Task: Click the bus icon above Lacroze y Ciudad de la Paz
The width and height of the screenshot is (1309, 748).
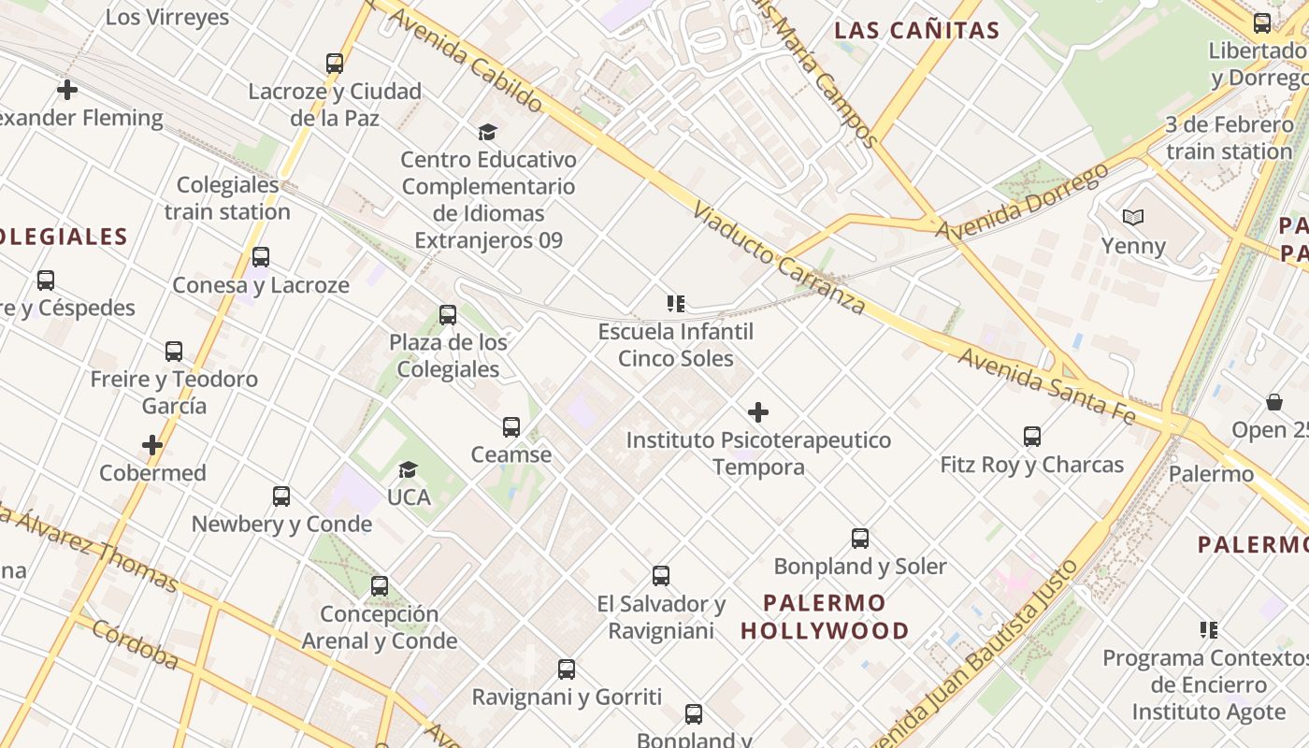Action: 335,64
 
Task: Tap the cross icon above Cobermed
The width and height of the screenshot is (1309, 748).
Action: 152,445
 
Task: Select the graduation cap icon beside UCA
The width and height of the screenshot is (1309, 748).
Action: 409,469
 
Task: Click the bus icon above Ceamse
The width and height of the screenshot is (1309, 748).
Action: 511,427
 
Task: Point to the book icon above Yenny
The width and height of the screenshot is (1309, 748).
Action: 1133,218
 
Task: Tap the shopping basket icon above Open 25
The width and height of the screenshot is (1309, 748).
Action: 1273,403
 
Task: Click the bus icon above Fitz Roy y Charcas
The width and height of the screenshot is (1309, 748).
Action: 1032,437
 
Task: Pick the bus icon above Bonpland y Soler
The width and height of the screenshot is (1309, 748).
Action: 860,539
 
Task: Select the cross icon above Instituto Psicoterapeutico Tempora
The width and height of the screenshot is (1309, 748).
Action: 758,412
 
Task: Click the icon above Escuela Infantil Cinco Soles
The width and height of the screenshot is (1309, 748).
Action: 676,304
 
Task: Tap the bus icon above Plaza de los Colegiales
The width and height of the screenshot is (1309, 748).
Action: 448,315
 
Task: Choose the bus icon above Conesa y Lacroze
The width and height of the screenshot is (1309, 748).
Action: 261,257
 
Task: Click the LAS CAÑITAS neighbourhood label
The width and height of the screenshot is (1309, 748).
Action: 916,31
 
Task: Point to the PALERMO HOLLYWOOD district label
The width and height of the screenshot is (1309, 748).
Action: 825,616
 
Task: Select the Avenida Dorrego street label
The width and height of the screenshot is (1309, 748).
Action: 1022,200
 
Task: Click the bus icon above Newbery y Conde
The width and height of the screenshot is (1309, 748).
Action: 281,496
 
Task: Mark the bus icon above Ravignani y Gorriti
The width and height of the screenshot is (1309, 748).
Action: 567,669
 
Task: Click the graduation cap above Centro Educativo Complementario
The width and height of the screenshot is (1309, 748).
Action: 487,132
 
